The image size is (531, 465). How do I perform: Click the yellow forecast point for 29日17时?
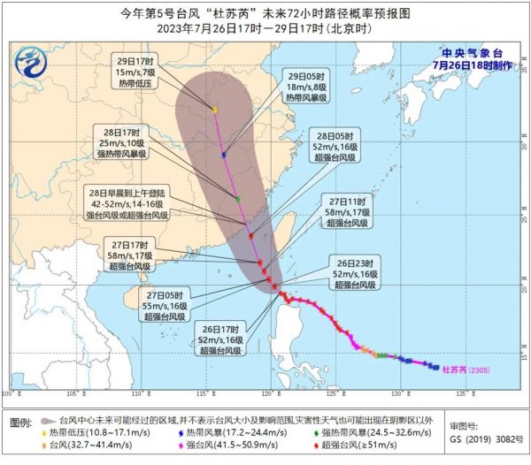pos(215,110)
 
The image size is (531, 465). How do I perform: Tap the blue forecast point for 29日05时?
pos(225,155)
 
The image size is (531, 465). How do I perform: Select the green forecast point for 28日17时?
pos(238,199)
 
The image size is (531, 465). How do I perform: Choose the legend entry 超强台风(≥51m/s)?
pos(382,448)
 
